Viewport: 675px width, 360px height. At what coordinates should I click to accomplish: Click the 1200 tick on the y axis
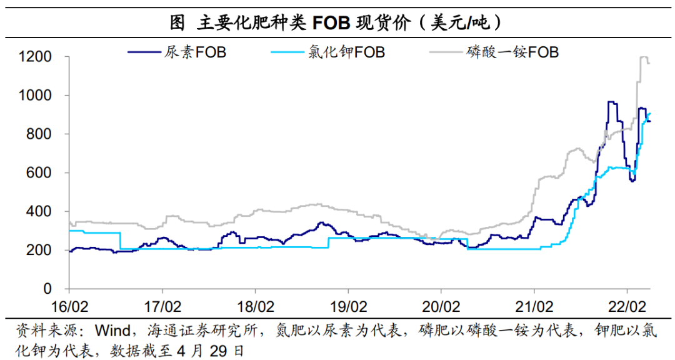pyautogui.click(x=35, y=57)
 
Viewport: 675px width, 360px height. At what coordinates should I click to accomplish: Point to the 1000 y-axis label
pyautogui.click(x=35, y=96)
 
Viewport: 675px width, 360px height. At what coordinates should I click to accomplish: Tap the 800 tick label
pyautogui.click(x=39, y=134)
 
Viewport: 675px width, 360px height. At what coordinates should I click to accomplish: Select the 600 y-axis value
pyautogui.click(x=39, y=173)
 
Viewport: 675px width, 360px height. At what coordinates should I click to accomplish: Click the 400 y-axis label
pyautogui.click(x=39, y=212)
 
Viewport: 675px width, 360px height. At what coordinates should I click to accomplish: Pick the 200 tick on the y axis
pyautogui.click(x=39, y=251)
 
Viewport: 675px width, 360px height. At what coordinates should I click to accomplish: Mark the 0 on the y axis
pyautogui.click(x=47, y=289)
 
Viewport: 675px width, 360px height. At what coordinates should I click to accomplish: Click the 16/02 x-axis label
pyautogui.click(x=70, y=307)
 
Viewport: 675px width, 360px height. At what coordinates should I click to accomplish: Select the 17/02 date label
pyautogui.click(x=162, y=307)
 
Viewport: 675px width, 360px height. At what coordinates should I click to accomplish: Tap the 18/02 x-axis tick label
pyautogui.click(x=256, y=307)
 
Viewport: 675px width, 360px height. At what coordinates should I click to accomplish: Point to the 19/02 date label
pyautogui.click(x=349, y=307)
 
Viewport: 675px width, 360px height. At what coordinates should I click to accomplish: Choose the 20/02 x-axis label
pyautogui.click(x=442, y=307)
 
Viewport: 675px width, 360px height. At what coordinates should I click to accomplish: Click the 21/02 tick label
pyautogui.click(x=534, y=307)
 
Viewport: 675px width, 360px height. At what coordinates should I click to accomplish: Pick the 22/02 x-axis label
pyautogui.click(x=627, y=307)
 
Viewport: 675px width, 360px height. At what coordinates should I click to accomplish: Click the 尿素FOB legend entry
pyautogui.click(x=177, y=52)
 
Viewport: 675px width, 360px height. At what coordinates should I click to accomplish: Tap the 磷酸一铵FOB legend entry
pyautogui.click(x=494, y=52)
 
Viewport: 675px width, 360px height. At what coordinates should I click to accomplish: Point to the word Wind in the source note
pyautogui.click(x=112, y=331)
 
